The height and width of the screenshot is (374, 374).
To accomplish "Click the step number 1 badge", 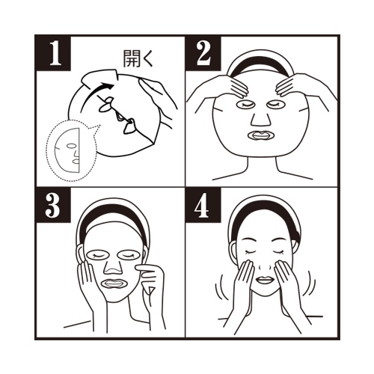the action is point(53,54).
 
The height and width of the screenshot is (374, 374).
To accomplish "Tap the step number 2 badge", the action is point(203,54).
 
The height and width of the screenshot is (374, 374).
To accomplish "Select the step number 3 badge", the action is point(53,205).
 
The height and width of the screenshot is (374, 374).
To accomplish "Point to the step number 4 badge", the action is point(203,205).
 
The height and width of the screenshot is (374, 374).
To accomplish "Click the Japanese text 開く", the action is point(138,59).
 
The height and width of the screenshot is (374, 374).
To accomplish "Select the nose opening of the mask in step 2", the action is point(261,119).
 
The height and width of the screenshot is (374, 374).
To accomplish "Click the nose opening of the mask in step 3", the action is point(113,267).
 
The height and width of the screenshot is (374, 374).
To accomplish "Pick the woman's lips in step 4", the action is point(265,280).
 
